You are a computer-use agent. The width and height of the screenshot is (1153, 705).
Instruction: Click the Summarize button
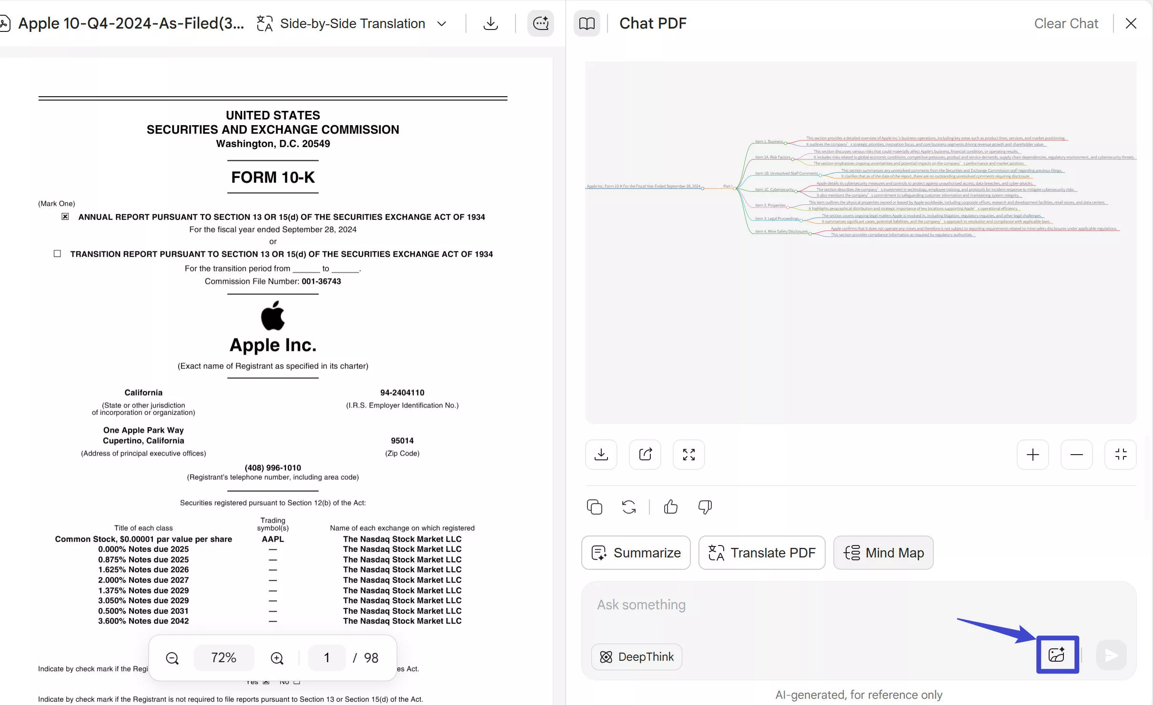(636, 553)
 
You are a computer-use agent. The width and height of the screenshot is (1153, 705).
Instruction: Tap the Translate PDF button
(761, 553)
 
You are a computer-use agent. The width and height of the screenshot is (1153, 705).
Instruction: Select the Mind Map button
(883, 553)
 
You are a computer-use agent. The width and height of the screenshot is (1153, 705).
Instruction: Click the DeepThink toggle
(636, 657)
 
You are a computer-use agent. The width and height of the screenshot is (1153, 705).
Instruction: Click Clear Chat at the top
(1066, 23)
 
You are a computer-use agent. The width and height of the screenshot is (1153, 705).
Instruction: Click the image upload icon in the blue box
(1057, 655)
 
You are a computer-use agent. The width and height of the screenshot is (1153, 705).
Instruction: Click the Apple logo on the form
(273, 316)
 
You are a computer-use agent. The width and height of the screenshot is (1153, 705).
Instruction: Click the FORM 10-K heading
(273, 177)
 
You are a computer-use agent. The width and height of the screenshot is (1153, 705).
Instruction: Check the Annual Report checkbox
(65, 217)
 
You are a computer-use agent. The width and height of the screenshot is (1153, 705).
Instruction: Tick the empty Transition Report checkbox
(57, 254)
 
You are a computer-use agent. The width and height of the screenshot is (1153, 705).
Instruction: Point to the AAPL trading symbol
(273, 539)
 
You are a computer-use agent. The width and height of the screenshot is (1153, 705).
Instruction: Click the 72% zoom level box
(223, 657)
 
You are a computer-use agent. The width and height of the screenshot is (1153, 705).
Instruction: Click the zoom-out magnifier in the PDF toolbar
(172, 658)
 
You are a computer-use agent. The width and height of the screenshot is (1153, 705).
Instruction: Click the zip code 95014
(402, 441)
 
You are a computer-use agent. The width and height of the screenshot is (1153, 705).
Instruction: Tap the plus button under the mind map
(1032, 455)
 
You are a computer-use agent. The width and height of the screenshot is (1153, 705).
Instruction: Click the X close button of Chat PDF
(1131, 23)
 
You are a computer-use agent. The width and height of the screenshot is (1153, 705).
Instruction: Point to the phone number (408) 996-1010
(273, 468)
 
